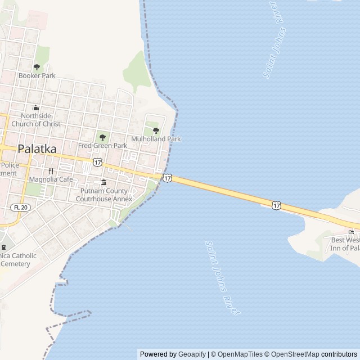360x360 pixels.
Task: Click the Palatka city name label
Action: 37,149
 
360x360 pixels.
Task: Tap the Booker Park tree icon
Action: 37,67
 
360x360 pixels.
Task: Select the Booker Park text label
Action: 37,75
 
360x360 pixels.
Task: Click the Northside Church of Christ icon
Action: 36,108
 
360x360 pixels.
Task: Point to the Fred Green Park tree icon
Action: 102,137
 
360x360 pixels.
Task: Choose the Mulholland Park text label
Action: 156,139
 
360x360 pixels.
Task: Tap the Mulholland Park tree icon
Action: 156,130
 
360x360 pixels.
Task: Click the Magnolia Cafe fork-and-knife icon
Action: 51,171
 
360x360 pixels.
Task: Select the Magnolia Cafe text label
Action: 51,179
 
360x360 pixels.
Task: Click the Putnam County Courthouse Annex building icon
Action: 103,182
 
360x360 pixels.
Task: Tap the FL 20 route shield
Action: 21,208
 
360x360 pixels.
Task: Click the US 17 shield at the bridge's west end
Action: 168,178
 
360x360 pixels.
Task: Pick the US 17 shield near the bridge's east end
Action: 276,205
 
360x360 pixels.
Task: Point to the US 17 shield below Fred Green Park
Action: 97,162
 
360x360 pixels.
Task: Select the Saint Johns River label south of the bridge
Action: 223,278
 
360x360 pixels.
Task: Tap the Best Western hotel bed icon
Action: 352,232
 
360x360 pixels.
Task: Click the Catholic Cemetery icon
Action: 4,247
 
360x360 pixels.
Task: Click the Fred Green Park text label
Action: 102,146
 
